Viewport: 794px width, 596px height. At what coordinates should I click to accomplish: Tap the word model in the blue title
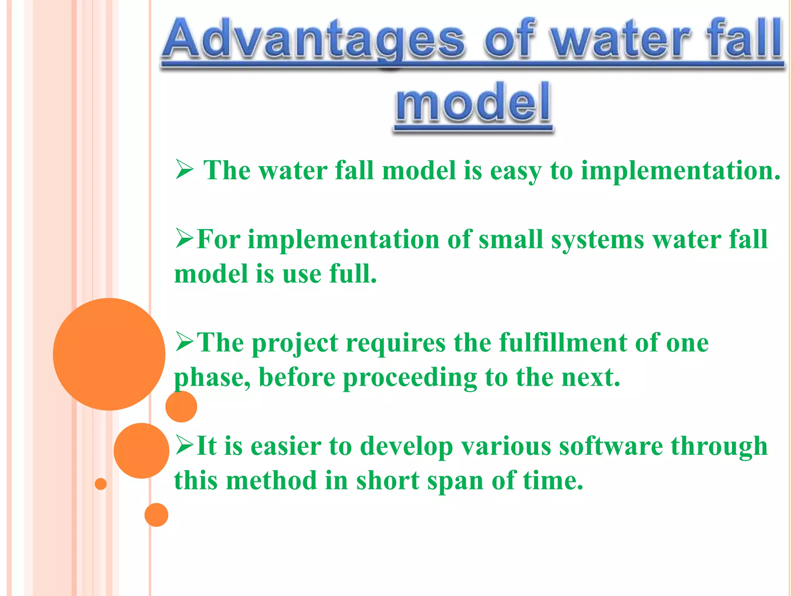pos(473,103)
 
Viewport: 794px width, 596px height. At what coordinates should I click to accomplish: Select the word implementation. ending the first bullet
pos(680,171)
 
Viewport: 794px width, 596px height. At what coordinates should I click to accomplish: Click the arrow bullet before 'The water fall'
pos(184,170)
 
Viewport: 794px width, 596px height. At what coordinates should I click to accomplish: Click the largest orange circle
pos(109,354)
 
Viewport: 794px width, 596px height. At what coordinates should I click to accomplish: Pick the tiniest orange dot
pos(101,484)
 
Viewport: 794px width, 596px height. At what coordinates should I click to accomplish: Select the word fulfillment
pos(563,343)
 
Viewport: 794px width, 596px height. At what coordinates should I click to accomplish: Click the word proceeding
pos(410,378)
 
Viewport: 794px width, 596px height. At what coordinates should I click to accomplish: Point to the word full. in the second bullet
pos(353,274)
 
